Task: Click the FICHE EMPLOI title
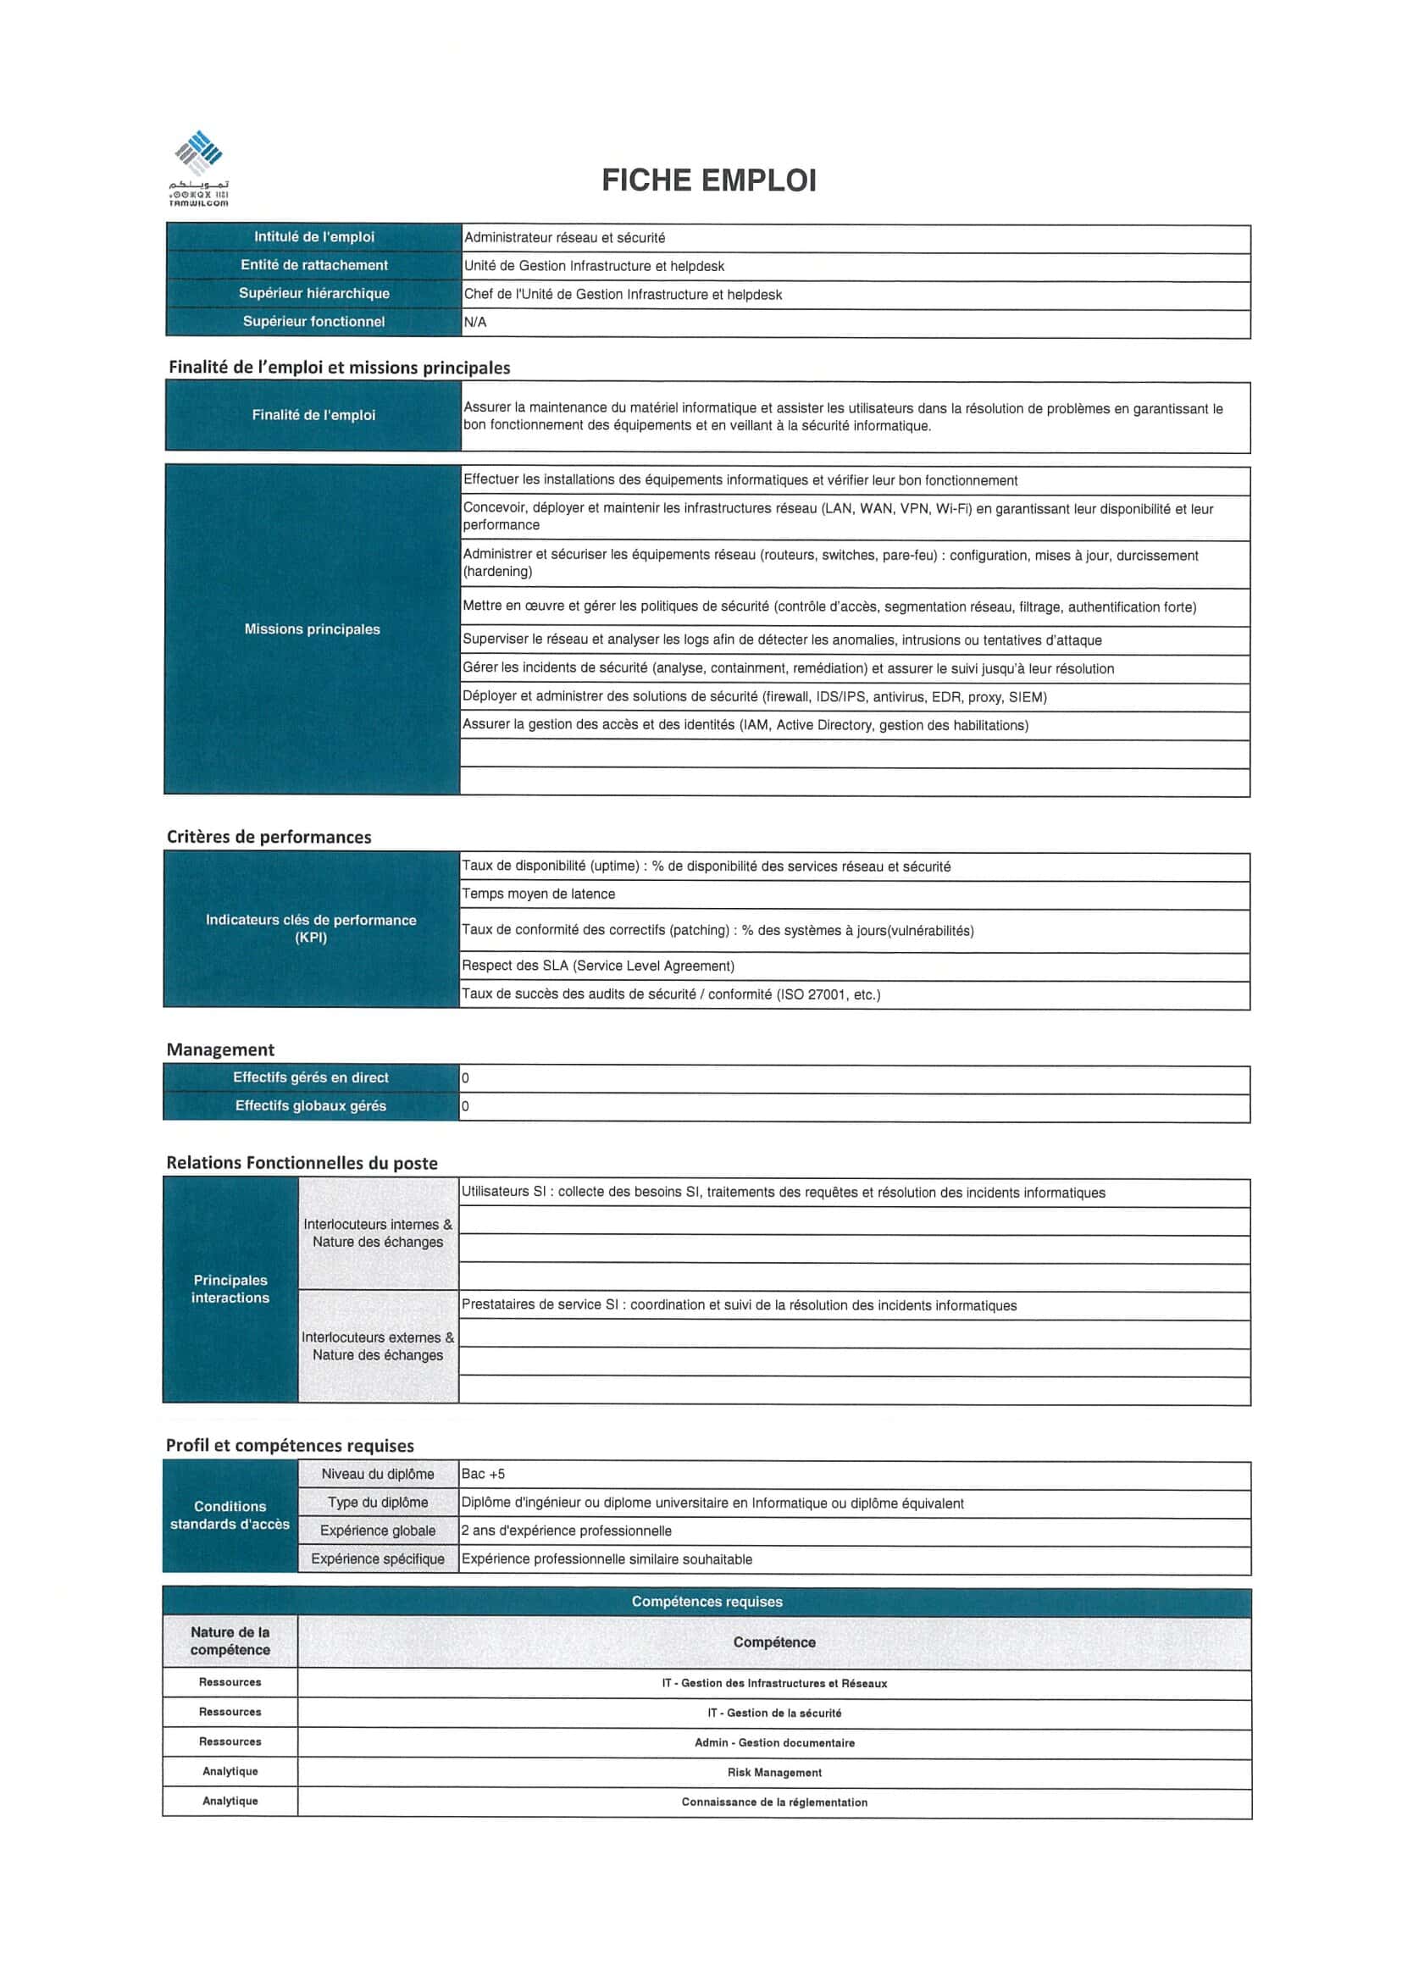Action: [x=708, y=180]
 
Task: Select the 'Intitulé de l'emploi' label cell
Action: [x=313, y=237]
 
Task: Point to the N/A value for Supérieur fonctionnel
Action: [x=476, y=323]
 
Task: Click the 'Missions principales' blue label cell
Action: [x=312, y=629]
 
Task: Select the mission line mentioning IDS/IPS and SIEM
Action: [x=754, y=697]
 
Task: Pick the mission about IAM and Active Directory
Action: [x=745, y=726]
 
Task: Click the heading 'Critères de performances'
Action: [x=269, y=838]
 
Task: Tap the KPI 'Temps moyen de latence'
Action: [x=538, y=895]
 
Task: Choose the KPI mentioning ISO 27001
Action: [x=671, y=995]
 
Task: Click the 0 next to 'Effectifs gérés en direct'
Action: [x=465, y=1079]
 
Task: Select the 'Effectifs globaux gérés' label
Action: [x=311, y=1107]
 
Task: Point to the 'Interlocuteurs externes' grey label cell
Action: [x=377, y=1347]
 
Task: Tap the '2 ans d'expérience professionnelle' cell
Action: [x=567, y=1531]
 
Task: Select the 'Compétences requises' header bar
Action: [x=707, y=1603]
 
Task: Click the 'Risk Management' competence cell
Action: [x=773, y=1773]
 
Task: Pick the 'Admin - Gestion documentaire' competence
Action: [x=773, y=1744]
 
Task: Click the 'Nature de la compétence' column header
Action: [x=230, y=1642]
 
